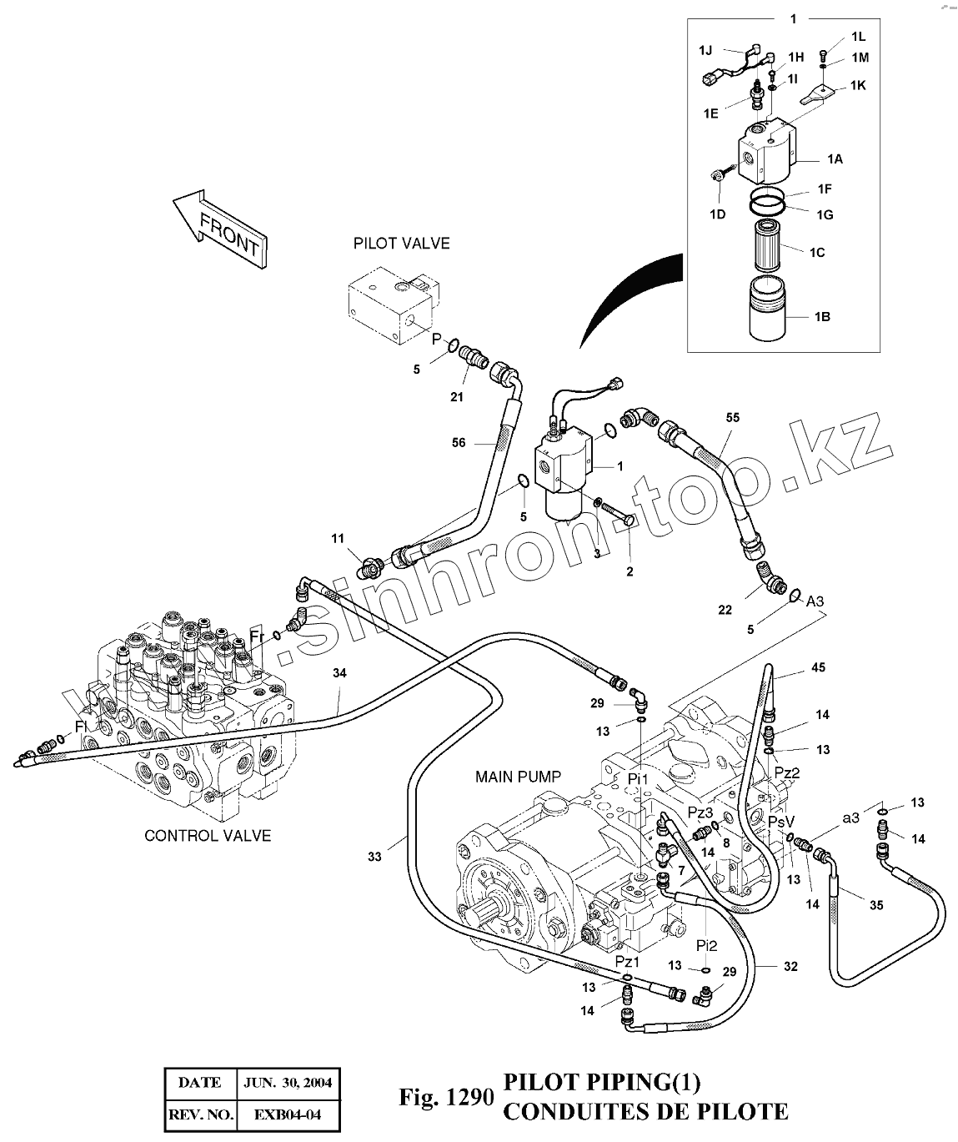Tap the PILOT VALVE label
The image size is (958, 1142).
pos(401,244)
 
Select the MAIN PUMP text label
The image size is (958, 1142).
pos(518,777)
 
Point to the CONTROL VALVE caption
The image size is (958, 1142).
pos(208,835)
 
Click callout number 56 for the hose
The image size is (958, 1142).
pos(459,443)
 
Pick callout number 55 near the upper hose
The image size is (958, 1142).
pos(732,417)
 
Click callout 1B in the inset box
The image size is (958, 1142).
pos(821,317)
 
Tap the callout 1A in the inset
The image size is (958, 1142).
pos(834,158)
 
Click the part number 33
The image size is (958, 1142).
pos(374,857)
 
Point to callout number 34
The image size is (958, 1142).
pos(339,673)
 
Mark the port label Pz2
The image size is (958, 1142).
pos(786,773)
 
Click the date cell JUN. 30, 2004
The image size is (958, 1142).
pos(288,1083)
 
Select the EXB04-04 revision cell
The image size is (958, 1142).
pos(288,1114)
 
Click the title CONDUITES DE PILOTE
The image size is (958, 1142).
pos(645,1111)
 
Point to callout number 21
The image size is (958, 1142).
pos(457,397)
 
